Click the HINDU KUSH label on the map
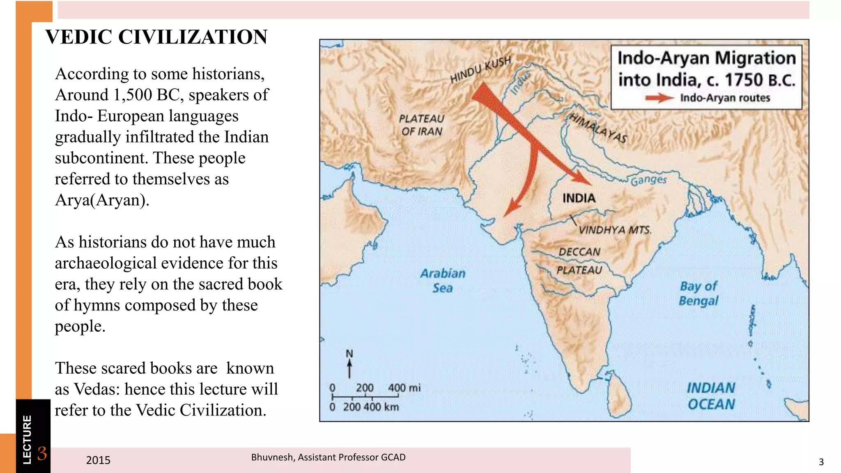(x=480, y=69)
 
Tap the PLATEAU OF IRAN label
(x=422, y=125)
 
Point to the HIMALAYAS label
(x=598, y=128)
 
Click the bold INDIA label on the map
(x=579, y=198)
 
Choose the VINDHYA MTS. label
(x=615, y=230)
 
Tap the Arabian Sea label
(x=443, y=280)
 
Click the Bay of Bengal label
(x=698, y=293)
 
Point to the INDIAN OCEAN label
(x=711, y=396)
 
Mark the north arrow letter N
(x=349, y=354)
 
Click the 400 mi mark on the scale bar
(x=398, y=388)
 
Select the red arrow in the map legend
(x=659, y=98)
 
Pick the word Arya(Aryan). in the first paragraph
(x=102, y=200)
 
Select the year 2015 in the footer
(x=98, y=460)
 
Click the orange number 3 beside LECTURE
(x=42, y=454)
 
